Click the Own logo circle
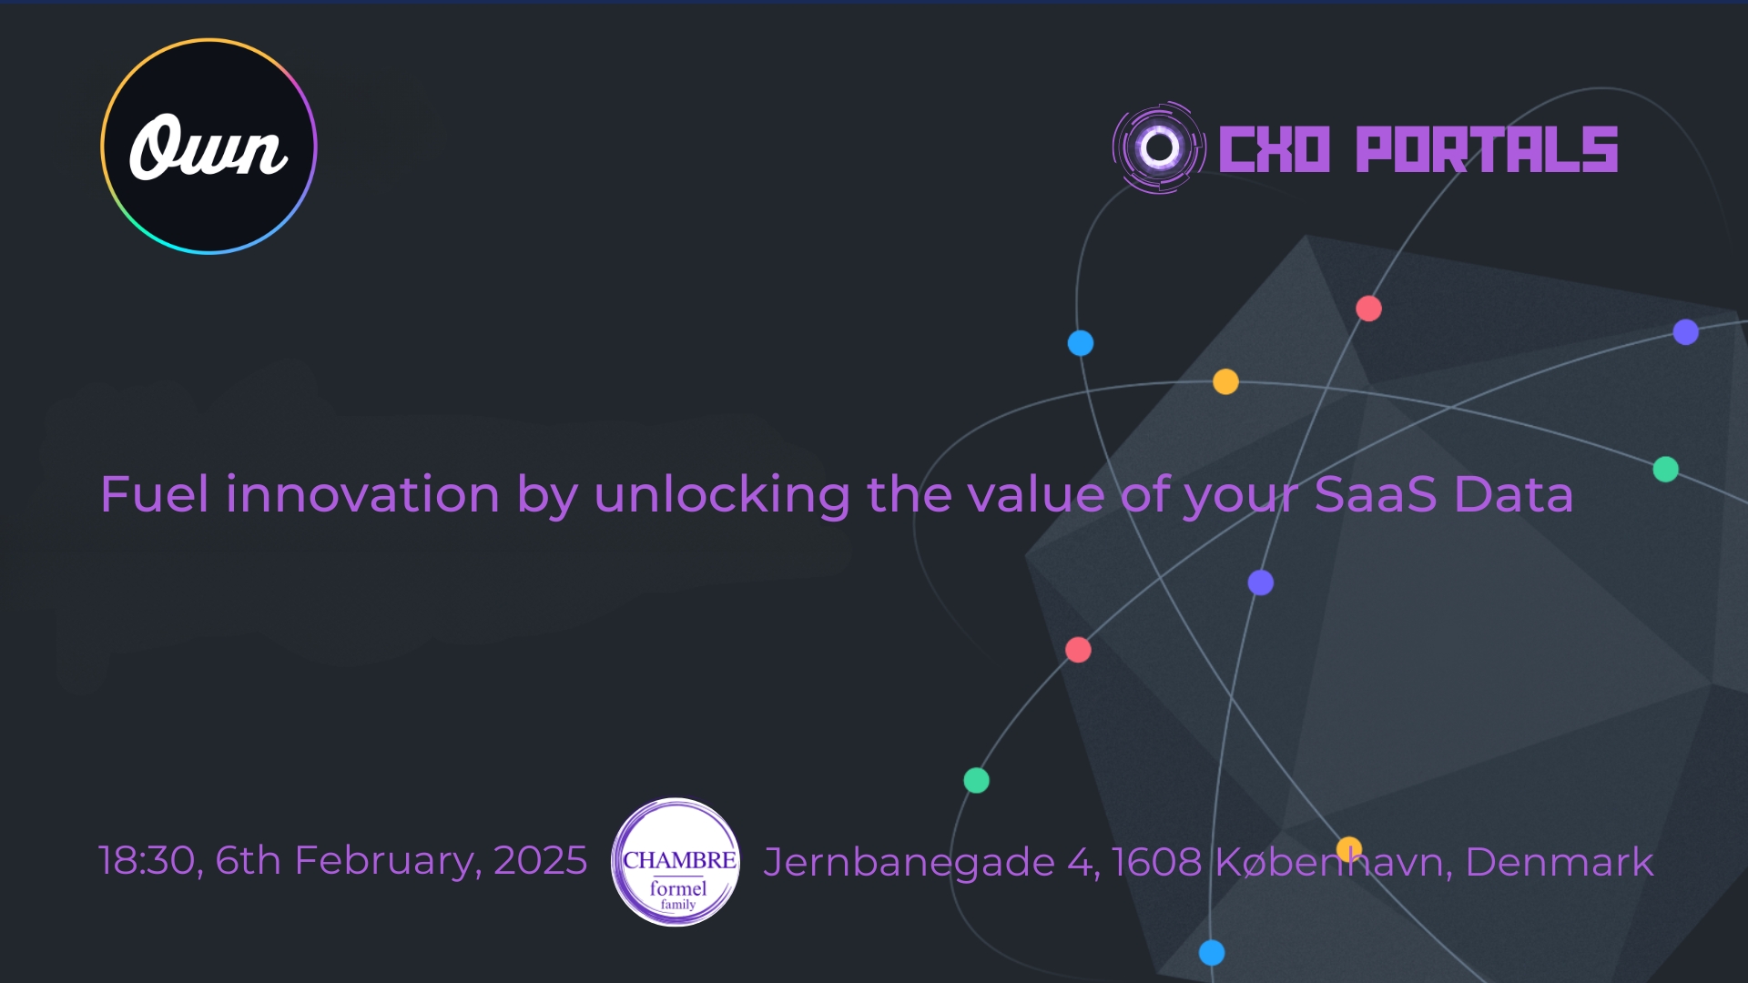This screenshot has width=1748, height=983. [208, 147]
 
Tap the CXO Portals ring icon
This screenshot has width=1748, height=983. [1159, 147]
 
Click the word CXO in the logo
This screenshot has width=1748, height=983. [1275, 149]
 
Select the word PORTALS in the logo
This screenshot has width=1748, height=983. [1487, 149]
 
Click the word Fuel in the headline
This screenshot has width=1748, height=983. [155, 494]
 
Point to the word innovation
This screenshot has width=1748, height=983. [362, 494]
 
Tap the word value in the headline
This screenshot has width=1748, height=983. [1036, 494]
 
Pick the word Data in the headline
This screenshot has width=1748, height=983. [1514, 494]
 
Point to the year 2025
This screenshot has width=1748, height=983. [541, 860]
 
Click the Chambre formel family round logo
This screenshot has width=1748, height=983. [676, 862]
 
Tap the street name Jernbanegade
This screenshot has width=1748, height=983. [909, 863]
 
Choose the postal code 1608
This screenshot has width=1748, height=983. [1156, 862]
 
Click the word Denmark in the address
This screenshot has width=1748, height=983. [1559, 862]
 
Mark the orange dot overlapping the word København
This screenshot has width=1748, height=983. [1349, 849]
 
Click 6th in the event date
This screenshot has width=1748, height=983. [248, 860]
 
